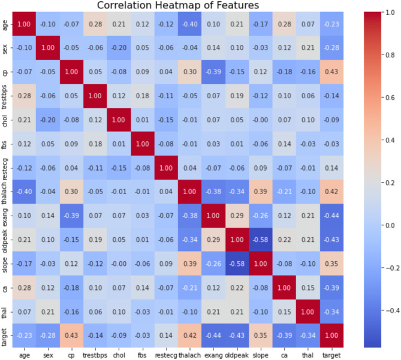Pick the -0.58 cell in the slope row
pos(237,256)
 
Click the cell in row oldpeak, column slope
pos(260,232)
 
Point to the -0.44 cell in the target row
pos(213,326)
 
